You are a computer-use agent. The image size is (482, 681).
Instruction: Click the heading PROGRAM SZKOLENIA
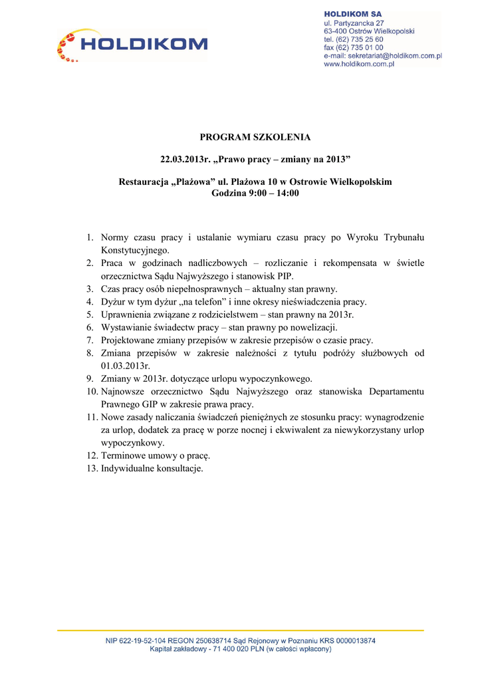pyautogui.click(x=255, y=138)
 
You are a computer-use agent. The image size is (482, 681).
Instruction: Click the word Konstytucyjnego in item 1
pyautogui.click(x=135, y=251)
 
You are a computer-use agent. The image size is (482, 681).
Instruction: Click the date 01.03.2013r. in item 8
pyautogui.click(x=125, y=366)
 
